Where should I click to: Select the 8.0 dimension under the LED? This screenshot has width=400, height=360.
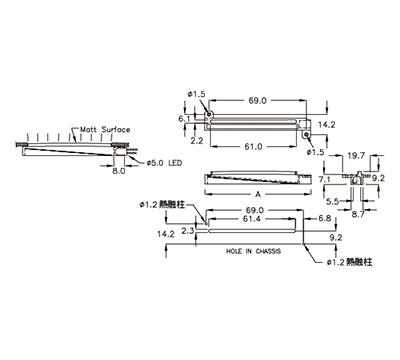click(x=119, y=171)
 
